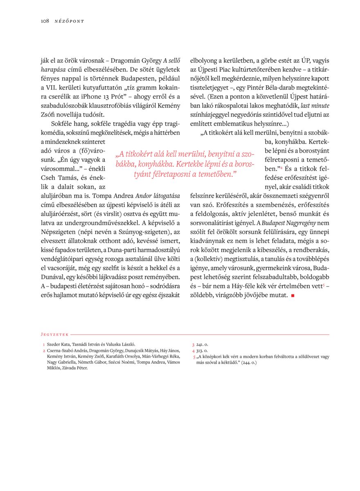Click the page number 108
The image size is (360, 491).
(x=45, y=21)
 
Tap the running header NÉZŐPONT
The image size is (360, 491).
(x=69, y=21)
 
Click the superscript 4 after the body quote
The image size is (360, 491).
(x=281, y=168)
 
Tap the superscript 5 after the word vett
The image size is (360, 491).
(x=324, y=285)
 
